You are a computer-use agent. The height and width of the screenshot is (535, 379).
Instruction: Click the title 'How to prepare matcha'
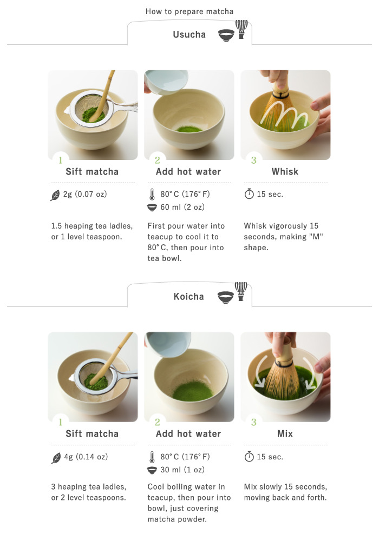(x=190, y=11)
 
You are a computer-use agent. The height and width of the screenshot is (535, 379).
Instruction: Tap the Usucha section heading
(x=189, y=35)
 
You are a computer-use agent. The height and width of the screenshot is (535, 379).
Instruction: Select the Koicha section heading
(x=188, y=297)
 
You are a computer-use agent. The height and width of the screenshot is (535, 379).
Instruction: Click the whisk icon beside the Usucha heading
(x=241, y=29)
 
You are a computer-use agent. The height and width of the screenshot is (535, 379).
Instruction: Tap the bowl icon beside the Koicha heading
(x=226, y=297)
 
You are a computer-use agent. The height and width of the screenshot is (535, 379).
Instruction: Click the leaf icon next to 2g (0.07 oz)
(x=55, y=195)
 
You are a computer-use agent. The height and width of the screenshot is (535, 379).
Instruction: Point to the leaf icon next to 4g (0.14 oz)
(x=56, y=458)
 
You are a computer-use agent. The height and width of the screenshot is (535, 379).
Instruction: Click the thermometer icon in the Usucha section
(x=152, y=194)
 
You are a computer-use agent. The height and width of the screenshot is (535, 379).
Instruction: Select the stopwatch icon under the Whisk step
(x=249, y=194)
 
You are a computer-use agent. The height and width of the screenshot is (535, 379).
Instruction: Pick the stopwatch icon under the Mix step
(x=249, y=457)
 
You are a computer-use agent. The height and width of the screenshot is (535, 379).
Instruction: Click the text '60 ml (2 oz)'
(x=182, y=207)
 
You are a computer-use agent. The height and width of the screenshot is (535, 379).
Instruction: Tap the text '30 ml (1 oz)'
(x=182, y=470)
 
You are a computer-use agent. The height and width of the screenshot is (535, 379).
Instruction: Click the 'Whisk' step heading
(x=285, y=172)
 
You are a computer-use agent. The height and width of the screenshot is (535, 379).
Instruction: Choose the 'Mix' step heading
(x=285, y=433)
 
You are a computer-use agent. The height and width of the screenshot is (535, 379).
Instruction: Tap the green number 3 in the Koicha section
(x=253, y=423)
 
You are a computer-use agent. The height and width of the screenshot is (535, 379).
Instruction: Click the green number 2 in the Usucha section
(x=157, y=160)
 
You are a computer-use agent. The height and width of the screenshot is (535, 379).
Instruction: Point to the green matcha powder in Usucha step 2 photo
(x=189, y=129)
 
